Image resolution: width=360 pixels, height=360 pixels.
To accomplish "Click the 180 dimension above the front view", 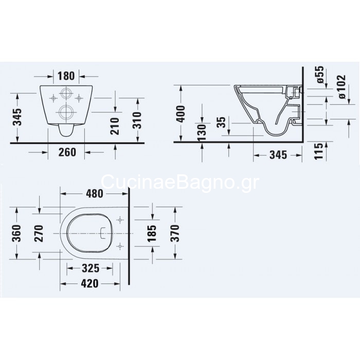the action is click(x=66, y=76).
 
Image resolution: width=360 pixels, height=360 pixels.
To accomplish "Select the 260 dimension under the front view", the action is click(x=67, y=152).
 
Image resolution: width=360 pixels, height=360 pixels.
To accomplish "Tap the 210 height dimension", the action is click(x=115, y=126).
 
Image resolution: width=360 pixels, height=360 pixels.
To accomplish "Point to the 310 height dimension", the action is click(x=137, y=120).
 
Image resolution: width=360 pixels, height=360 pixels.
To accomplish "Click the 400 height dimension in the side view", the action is click(x=181, y=114).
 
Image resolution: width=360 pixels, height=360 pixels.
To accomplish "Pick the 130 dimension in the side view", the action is click(x=202, y=132).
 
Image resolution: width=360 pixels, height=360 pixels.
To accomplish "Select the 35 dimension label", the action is click(x=221, y=123).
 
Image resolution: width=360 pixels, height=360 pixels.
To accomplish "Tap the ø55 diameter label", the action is click(x=320, y=75).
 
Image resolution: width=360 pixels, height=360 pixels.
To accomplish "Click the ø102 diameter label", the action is click(x=341, y=87).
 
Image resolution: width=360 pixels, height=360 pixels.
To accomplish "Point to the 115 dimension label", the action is click(x=319, y=151).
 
